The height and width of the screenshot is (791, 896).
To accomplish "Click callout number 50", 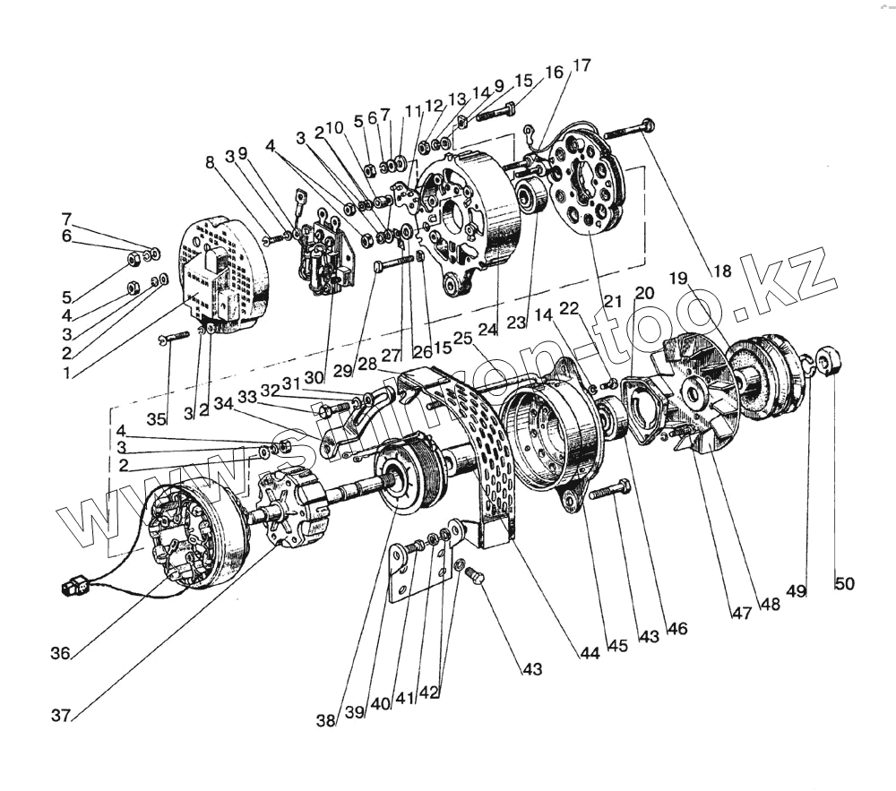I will (x=844, y=584).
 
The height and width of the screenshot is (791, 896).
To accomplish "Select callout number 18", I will (x=721, y=271).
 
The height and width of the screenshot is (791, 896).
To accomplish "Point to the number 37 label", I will (x=62, y=714).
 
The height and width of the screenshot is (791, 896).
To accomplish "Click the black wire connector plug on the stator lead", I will (x=72, y=589).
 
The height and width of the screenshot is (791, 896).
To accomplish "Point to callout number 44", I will (x=588, y=653).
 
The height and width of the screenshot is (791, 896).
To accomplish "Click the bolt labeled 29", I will (x=395, y=262).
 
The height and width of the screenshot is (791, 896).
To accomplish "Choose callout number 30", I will (x=314, y=377).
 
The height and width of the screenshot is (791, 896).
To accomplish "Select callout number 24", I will (x=487, y=329).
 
